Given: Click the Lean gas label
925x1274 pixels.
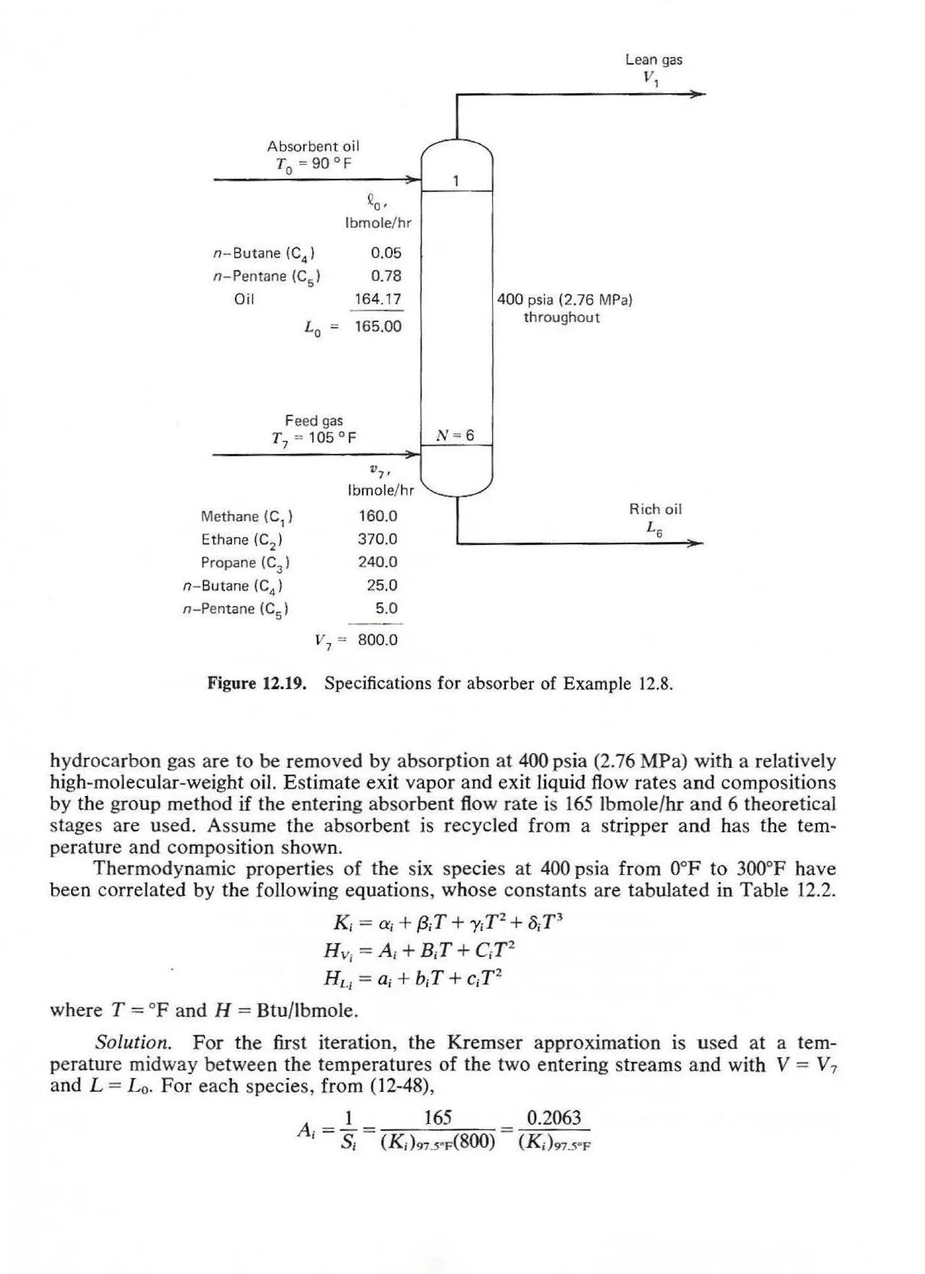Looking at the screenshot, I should click(x=654, y=60).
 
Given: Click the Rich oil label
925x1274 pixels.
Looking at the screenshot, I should click(x=654, y=510).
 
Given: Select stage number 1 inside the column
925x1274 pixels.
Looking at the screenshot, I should click(x=456, y=181).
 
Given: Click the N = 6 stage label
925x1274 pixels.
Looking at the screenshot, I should click(x=456, y=435).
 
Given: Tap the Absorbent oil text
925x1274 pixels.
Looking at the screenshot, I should click(x=313, y=146).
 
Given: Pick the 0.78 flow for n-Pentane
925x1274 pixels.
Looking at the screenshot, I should click(x=386, y=276).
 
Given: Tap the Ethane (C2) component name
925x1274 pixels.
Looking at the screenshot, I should click(x=242, y=540).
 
